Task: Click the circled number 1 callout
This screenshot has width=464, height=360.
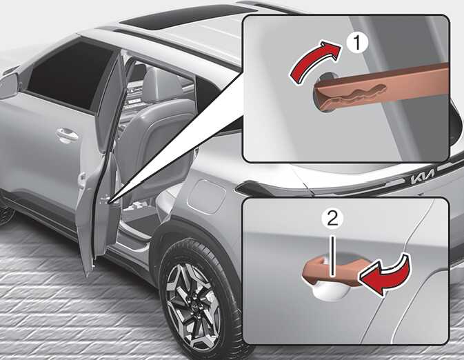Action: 357,43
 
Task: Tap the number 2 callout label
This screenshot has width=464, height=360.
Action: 332,219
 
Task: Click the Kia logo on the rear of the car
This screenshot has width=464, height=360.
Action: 423,177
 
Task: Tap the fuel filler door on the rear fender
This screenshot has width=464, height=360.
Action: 206,197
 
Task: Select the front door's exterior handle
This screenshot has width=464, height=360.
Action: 67,134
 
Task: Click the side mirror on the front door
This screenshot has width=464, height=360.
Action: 9,86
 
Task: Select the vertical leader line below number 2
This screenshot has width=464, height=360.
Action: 333,255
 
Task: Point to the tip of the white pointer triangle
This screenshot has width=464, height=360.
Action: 109,203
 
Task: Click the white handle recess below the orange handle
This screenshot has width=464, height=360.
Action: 328,292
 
